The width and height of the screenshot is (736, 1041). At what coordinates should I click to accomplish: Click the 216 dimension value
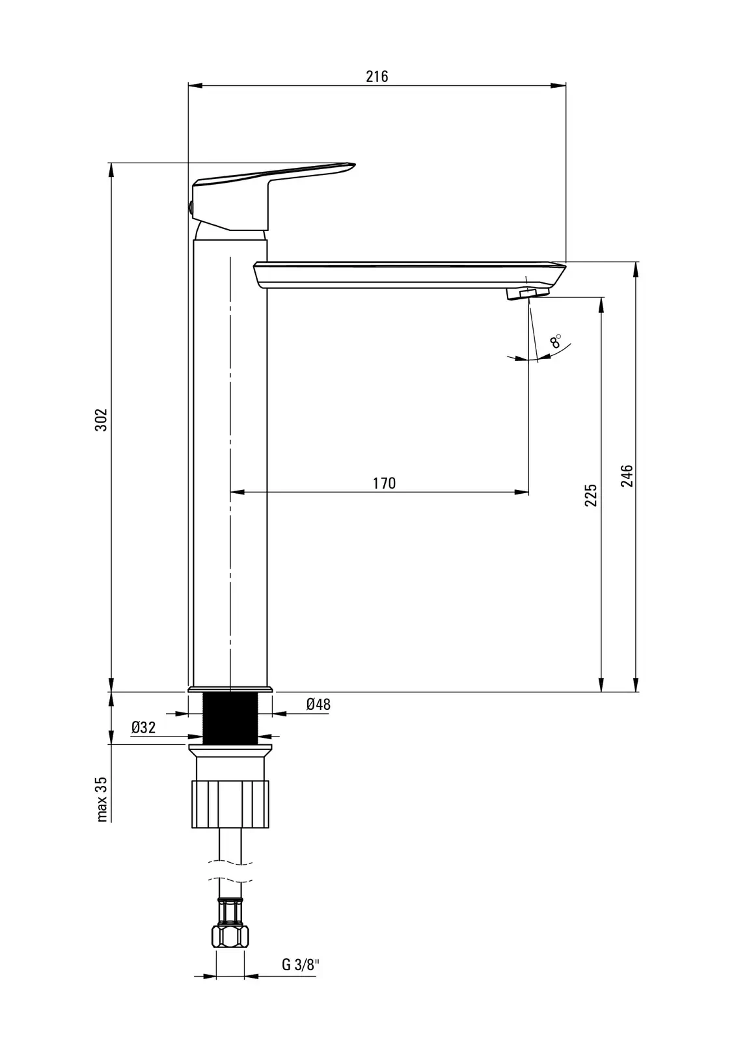tap(377, 76)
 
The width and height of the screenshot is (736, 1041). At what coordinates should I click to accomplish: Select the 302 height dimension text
tap(101, 420)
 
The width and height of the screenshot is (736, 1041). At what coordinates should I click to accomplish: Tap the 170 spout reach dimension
tap(384, 483)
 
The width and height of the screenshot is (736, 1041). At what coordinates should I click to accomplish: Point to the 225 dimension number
tap(590, 495)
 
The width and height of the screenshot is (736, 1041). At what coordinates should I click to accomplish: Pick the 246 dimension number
tap(627, 476)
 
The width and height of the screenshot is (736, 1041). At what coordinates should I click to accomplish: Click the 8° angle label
tap(556, 341)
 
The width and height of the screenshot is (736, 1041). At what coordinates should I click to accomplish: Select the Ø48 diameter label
tap(318, 704)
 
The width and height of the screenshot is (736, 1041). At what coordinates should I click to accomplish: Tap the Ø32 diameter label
tap(144, 727)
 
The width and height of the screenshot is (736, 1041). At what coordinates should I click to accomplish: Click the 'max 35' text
tap(102, 800)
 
